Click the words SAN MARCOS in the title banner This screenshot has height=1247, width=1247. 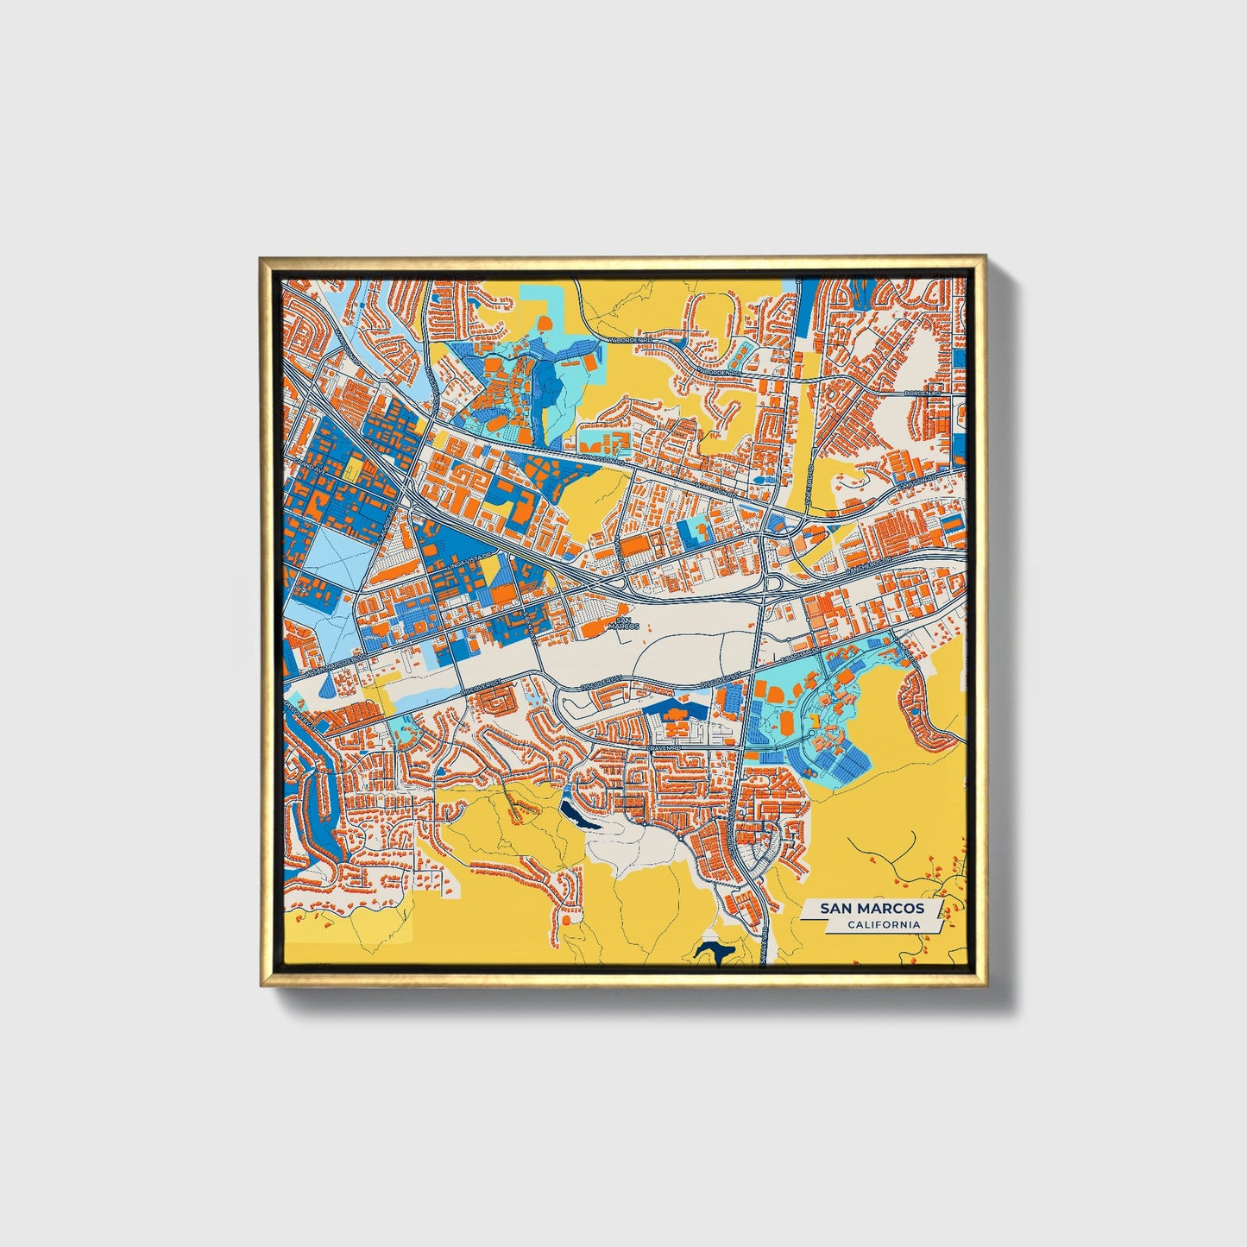tap(872, 909)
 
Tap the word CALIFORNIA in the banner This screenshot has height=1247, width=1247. tap(883, 925)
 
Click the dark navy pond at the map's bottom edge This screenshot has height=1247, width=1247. tap(714, 952)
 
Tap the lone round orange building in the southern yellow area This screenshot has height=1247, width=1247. tap(566, 920)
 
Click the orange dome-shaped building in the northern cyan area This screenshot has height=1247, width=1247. tap(546, 323)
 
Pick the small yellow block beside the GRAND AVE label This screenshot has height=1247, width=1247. tap(352, 471)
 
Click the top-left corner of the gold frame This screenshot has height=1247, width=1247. tap(260, 256)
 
